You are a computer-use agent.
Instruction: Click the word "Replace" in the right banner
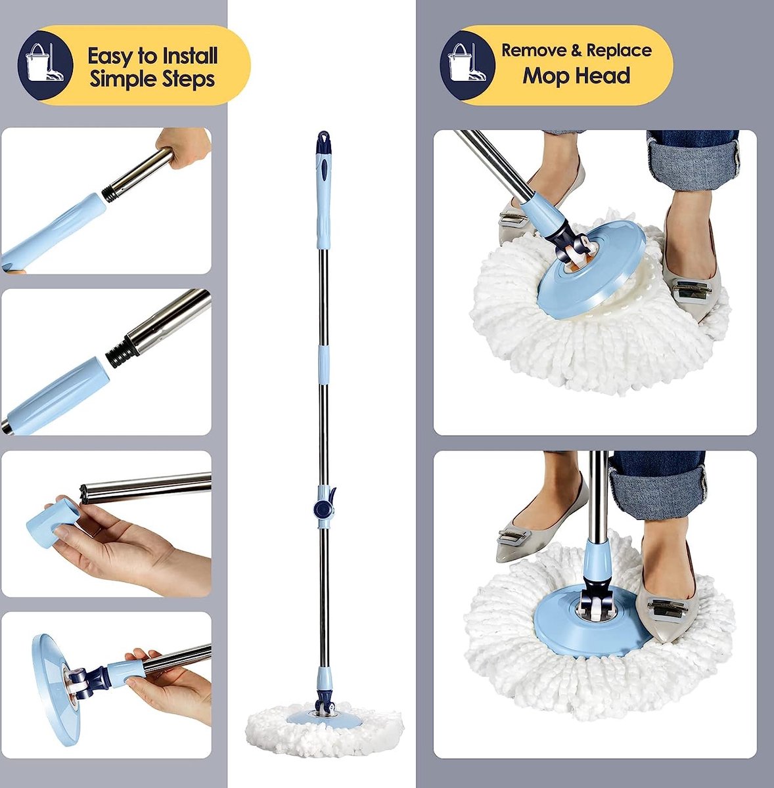click(x=618, y=51)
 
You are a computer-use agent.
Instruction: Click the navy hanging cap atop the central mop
click(x=323, y=142)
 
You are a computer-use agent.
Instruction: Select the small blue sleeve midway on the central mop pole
click(x=323, y=362)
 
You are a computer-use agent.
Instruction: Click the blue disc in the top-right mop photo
click(x=591, y=269)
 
